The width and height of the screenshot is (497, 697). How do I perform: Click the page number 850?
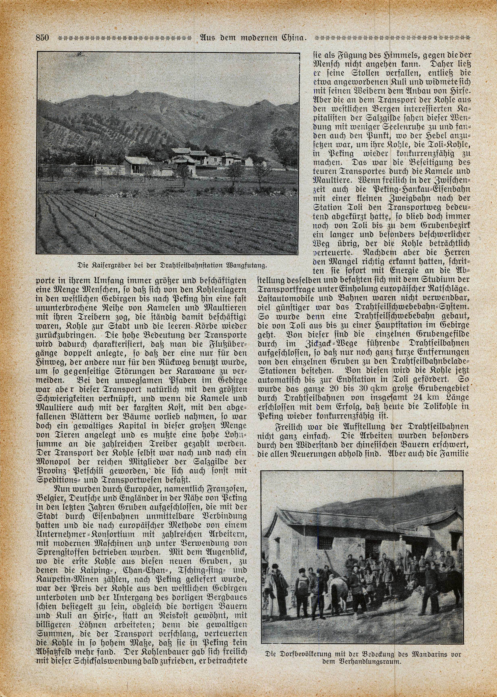tap(42, 38)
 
